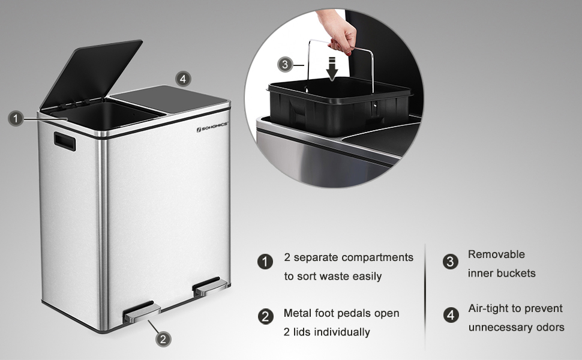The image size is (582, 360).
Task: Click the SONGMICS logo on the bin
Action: tap(212, 127)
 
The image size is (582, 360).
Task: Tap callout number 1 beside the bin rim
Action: tap(16, 119)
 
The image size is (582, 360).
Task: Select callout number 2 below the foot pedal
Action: tap(163, 339)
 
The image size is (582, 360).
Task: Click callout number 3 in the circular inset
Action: tap(284, 65)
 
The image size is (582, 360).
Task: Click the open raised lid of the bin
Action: tap(91, 73)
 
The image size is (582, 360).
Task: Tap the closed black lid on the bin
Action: tap(169, 95)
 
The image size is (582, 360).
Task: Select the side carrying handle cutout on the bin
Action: tap(65, 142)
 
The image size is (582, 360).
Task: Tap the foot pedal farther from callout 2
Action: tap(209, 286)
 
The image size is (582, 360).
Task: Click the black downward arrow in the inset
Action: tap(332, 68)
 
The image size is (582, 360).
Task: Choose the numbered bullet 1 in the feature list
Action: tap(265, 262)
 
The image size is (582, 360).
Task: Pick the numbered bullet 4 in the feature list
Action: tap(451, 315)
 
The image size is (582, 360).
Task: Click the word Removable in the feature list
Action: tap(496, 254)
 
